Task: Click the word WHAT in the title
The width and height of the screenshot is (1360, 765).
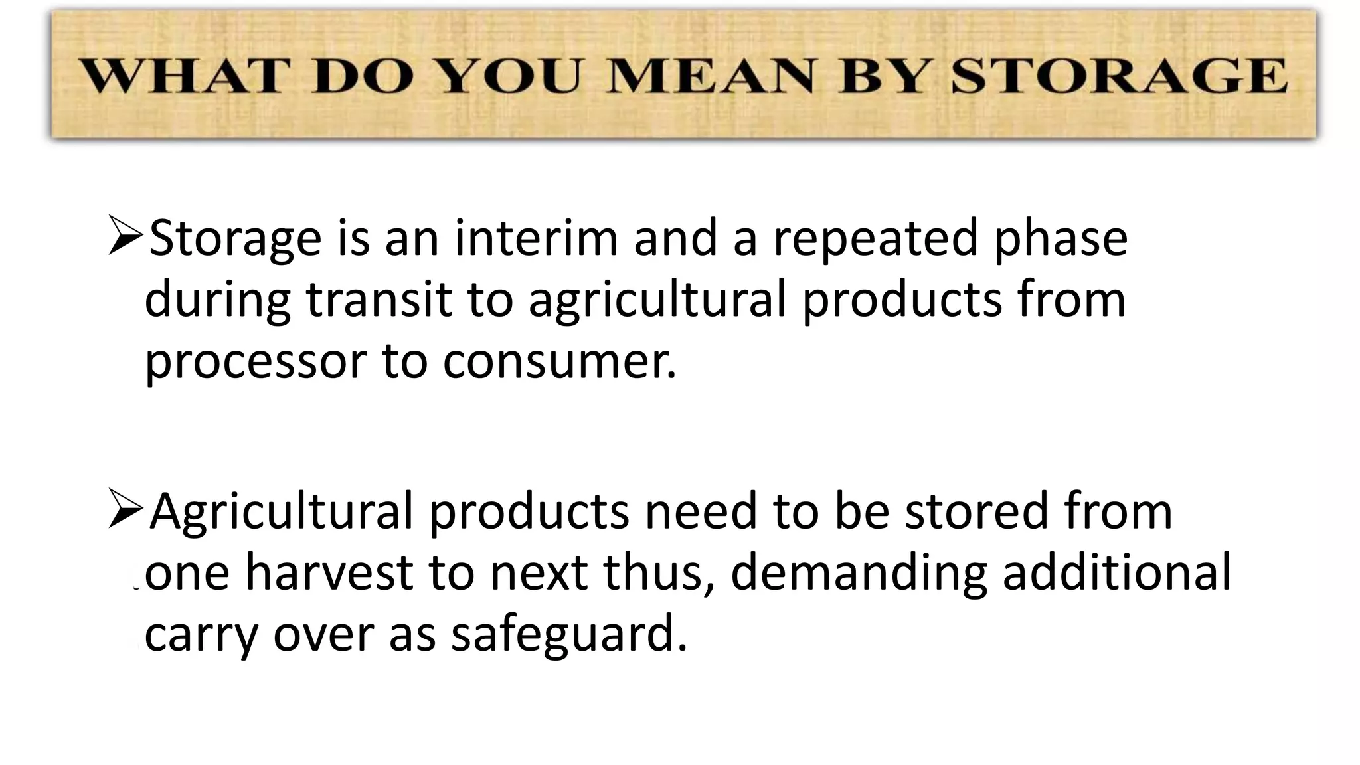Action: tap(182, 76)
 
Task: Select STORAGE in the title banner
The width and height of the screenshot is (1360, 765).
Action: tap(1119, 76)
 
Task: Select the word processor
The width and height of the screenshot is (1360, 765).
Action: tap(255, 363)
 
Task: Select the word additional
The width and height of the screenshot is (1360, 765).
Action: tap(1116, 573)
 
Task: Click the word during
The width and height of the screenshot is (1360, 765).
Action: tap(217, 301)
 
